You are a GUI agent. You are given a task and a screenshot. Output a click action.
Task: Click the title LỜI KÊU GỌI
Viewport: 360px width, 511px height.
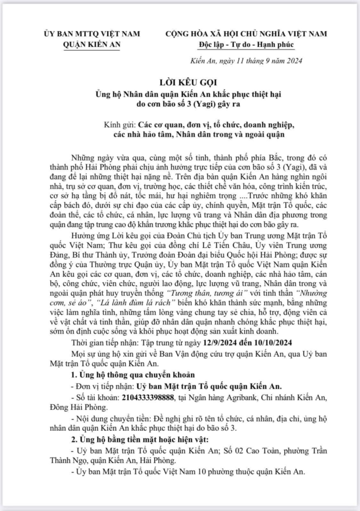tap(180, 83)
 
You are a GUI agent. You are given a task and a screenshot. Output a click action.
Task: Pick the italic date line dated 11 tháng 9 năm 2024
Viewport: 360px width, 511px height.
tap(250, 61)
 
